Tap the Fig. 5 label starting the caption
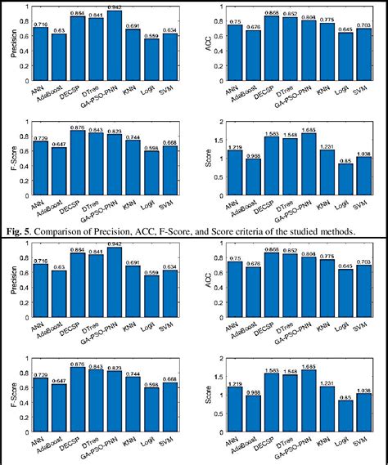pyautogui.click(x=17, y=231)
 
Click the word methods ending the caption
pyautogui.click(x=336, y=231)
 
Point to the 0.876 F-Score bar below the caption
pyautogui.click(x=79, y=391)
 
